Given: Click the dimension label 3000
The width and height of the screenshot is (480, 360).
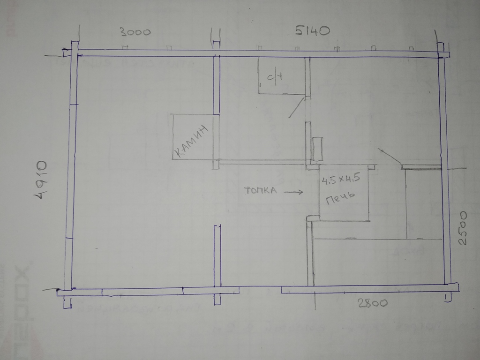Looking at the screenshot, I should point(135,32).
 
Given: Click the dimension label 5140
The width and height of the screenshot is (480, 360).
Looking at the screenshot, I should point(313,31).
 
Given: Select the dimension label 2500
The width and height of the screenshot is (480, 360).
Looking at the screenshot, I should point(463,228).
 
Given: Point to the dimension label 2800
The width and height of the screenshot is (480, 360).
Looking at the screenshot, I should point(373,303).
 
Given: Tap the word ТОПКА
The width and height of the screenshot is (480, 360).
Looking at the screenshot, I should point(261,190).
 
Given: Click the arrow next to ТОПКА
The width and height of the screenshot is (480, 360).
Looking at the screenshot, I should point(292,192).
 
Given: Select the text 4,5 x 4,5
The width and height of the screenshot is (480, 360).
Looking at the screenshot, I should point(340,178).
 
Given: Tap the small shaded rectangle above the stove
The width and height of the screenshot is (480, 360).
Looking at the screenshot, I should point(317,149).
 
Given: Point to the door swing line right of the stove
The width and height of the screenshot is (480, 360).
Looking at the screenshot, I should point(390,156).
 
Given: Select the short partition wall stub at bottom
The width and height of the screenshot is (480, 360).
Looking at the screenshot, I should point(217,255).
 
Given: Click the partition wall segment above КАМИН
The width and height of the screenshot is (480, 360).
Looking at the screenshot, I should point(216,84).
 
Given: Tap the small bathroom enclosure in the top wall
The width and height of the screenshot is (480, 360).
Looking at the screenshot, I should point(281,75).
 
